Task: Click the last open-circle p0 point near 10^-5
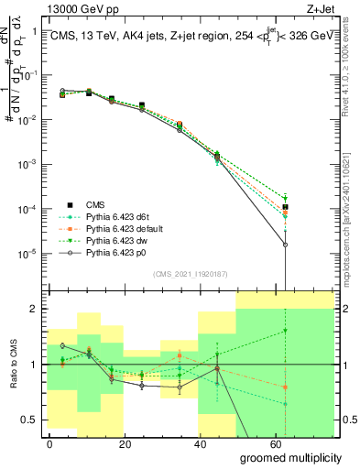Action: (x=286, y=245)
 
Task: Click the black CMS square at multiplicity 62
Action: (x=286, y=207)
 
